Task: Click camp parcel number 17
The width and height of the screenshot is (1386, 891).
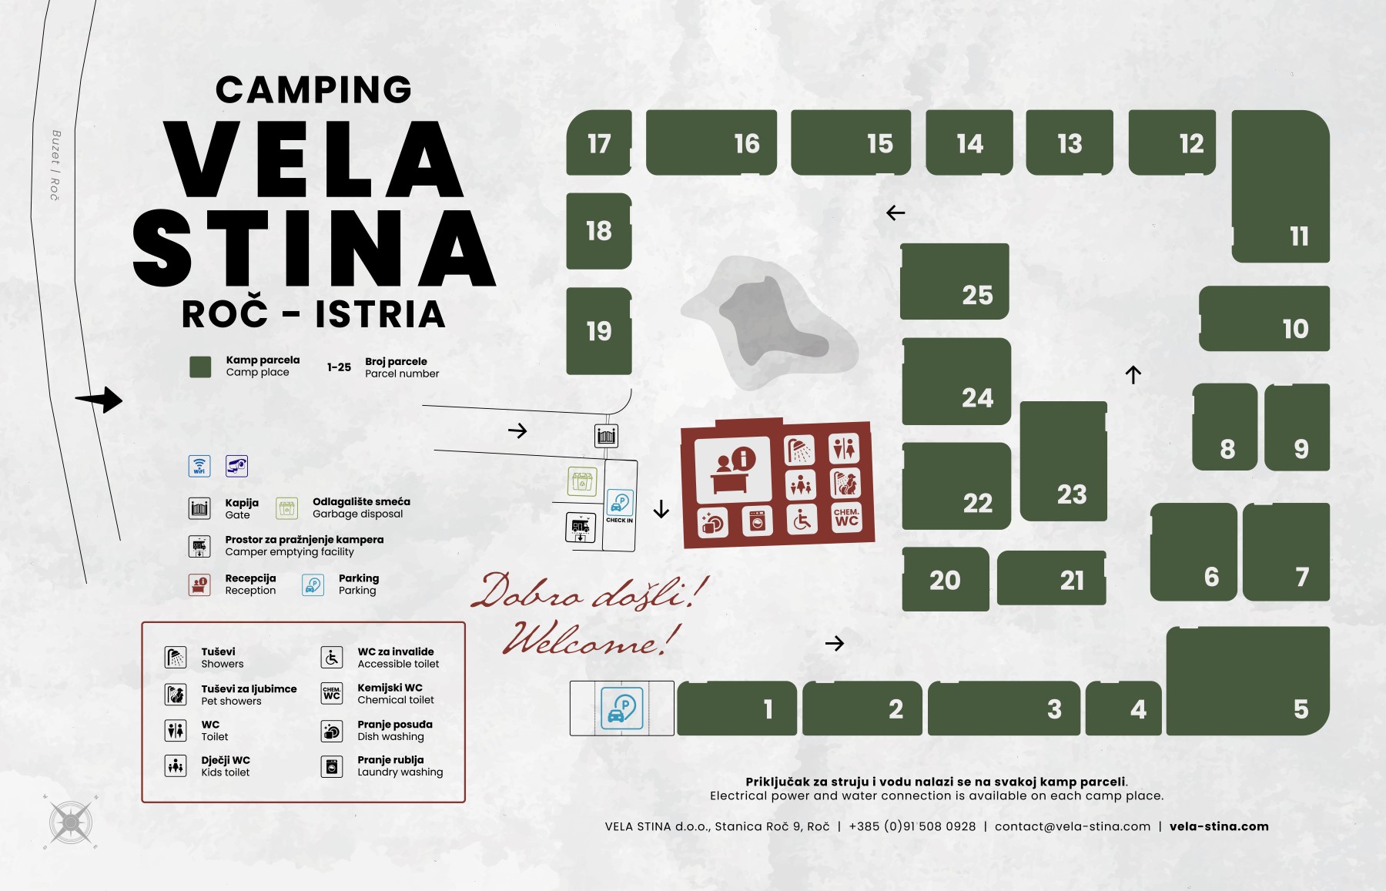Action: pos(599,143)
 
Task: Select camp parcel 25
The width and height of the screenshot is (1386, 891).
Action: pos(955,282)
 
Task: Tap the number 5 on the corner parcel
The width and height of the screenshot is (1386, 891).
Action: pos(1301,709)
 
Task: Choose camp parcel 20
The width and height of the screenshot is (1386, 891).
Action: pos(946,579)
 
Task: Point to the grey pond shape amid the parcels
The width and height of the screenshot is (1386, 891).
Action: pos(762,320)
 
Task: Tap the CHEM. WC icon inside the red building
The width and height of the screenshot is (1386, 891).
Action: pos(846,518)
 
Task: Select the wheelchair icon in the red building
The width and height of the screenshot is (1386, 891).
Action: pos(802,521)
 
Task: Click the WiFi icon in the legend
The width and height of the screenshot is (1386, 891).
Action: pos(199,466)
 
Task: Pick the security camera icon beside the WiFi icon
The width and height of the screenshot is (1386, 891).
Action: pos(236,466)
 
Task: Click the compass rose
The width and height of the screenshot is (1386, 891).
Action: pos(71,822)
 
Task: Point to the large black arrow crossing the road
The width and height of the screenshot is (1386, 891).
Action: pos(99,400)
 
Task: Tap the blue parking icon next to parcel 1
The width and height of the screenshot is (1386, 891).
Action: pos(621,708)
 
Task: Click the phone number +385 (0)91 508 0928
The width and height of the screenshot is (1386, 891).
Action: pos(912,826)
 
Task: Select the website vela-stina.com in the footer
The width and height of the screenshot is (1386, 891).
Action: pos(1218,826)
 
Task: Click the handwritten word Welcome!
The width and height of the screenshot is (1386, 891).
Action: pos(591,639)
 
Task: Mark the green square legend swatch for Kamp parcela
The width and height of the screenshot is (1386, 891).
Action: pos(200,367)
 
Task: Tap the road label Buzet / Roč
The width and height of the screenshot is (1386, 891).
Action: pos(55,165)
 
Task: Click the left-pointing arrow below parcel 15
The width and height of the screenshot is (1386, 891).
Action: pos(896,213)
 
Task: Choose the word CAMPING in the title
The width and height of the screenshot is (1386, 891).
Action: pos(313,89)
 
